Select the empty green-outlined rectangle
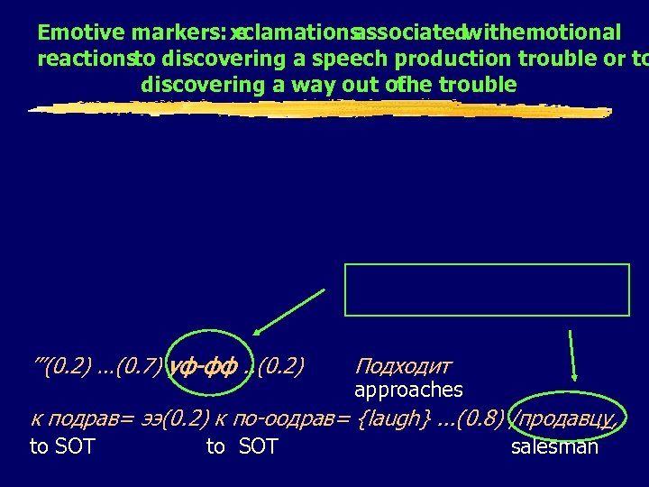pyautogui.click(x=487, y=289)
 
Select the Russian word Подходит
pyautogui.click(x=403, y=366)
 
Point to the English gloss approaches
pyautogui.click(x=408, y=391)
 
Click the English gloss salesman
pyautogui.click(x=554, y=446)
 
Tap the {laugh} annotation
pyautogui.click(x=390, y=418)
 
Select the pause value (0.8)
pyautogui.click(x=480, y=418)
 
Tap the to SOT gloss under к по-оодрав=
pyautogui.click(x=242, y=446)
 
